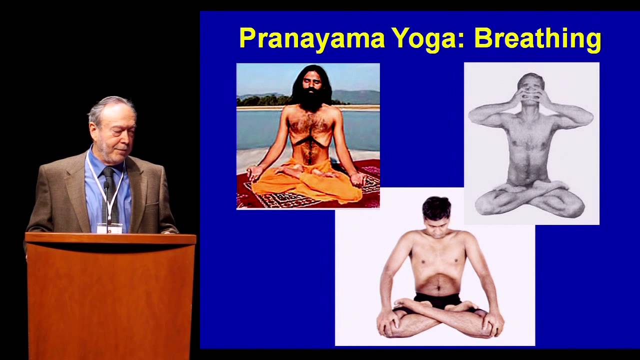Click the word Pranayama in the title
point(311,38)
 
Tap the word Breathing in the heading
point(537,38)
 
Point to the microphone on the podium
point(106,186)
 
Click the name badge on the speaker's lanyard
point(109,228)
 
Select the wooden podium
point(110,295)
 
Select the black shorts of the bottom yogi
point(440,301)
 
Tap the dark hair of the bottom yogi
point(436,206)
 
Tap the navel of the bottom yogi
point(438,288)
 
